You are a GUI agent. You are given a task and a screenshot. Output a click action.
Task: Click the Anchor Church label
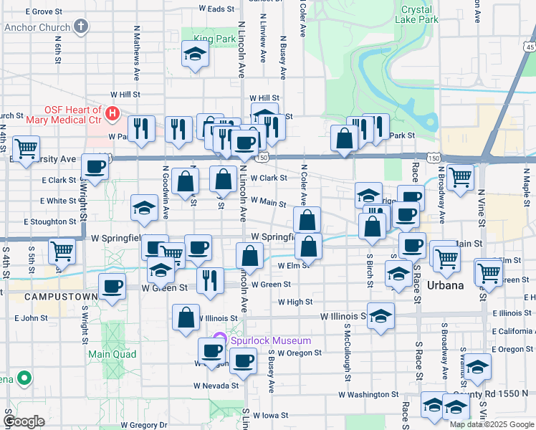[x=37, y=28]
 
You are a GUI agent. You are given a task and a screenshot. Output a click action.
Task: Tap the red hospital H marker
[x=113, y=114]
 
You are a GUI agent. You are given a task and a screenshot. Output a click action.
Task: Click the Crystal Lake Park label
[x=419, y=15]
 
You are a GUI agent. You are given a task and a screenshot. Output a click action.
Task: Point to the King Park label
[x=214, y=38]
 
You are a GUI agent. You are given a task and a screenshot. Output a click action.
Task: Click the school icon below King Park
[x=194, y=54]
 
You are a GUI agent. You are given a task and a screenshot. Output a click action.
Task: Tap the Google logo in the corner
[x=24, y=421]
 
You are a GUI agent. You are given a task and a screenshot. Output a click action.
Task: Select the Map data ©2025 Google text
[x=492, y=424]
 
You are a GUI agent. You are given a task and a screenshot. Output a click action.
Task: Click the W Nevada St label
[x=215, y=385]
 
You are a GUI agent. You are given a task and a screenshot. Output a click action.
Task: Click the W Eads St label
[x=216, y=9]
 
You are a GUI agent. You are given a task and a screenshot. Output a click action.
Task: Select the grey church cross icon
[x=81, y=28]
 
